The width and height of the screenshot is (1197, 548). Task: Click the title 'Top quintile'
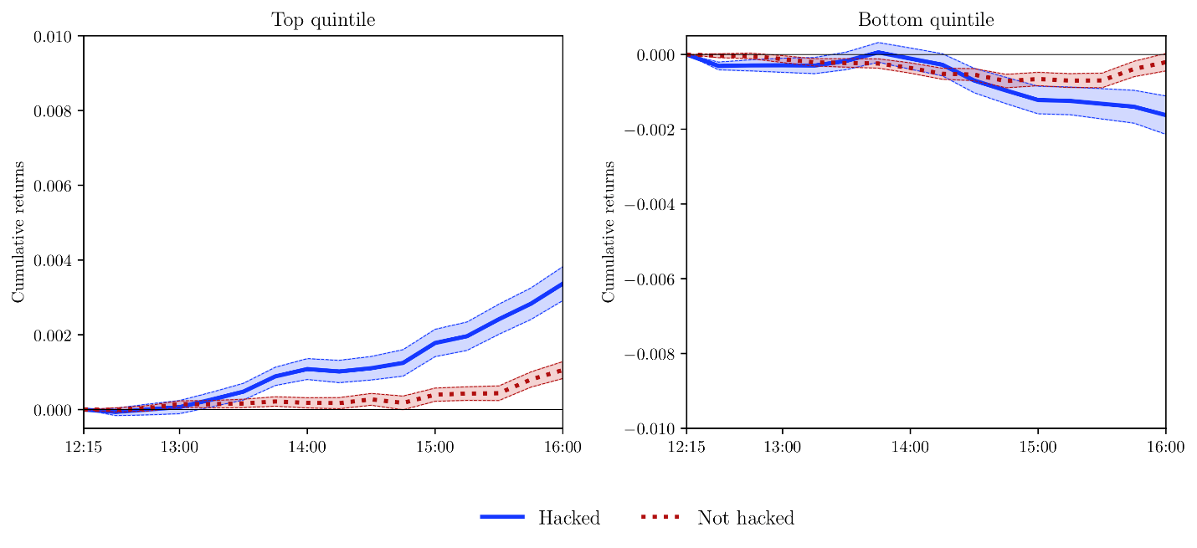[323, 20]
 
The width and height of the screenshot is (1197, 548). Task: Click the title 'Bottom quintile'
[926, 20]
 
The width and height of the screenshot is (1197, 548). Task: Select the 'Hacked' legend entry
[569, 518]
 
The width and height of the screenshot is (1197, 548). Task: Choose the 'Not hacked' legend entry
[745, 518]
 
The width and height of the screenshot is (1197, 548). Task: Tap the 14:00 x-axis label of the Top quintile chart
[307, 448]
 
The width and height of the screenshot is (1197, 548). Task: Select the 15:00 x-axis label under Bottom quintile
[1037, 448]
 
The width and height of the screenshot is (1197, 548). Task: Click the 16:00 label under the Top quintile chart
[563, 448]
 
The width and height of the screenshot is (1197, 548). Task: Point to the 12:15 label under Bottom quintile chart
[686, 448]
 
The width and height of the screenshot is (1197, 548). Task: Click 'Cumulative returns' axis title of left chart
[18, 232]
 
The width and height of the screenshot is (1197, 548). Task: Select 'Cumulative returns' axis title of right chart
[609, 232]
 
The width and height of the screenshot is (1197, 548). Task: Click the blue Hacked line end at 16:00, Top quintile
[562, 284]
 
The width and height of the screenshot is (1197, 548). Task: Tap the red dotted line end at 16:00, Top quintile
[562, 370]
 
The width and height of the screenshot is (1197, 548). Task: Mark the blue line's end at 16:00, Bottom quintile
[1164, 115]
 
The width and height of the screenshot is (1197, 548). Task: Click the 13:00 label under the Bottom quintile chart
[782, 448]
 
